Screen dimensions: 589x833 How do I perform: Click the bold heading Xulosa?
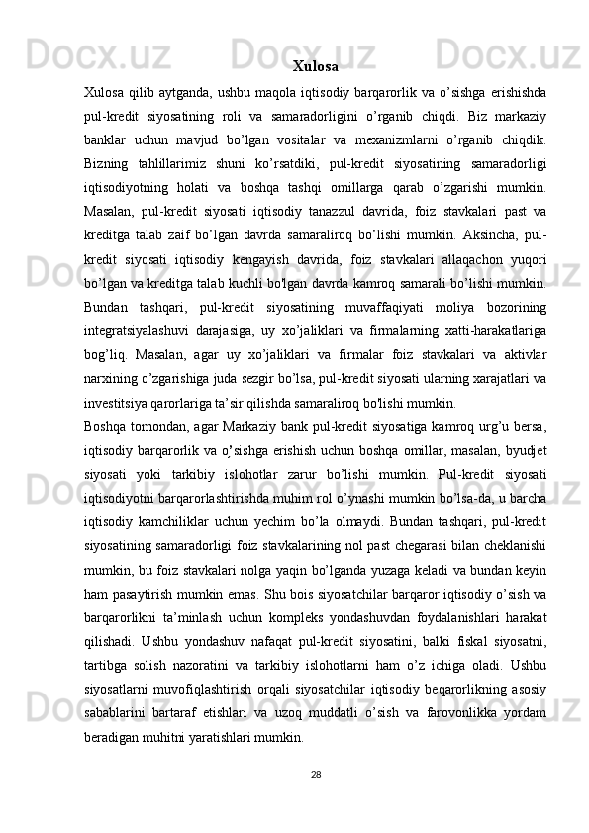pos(316,67)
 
